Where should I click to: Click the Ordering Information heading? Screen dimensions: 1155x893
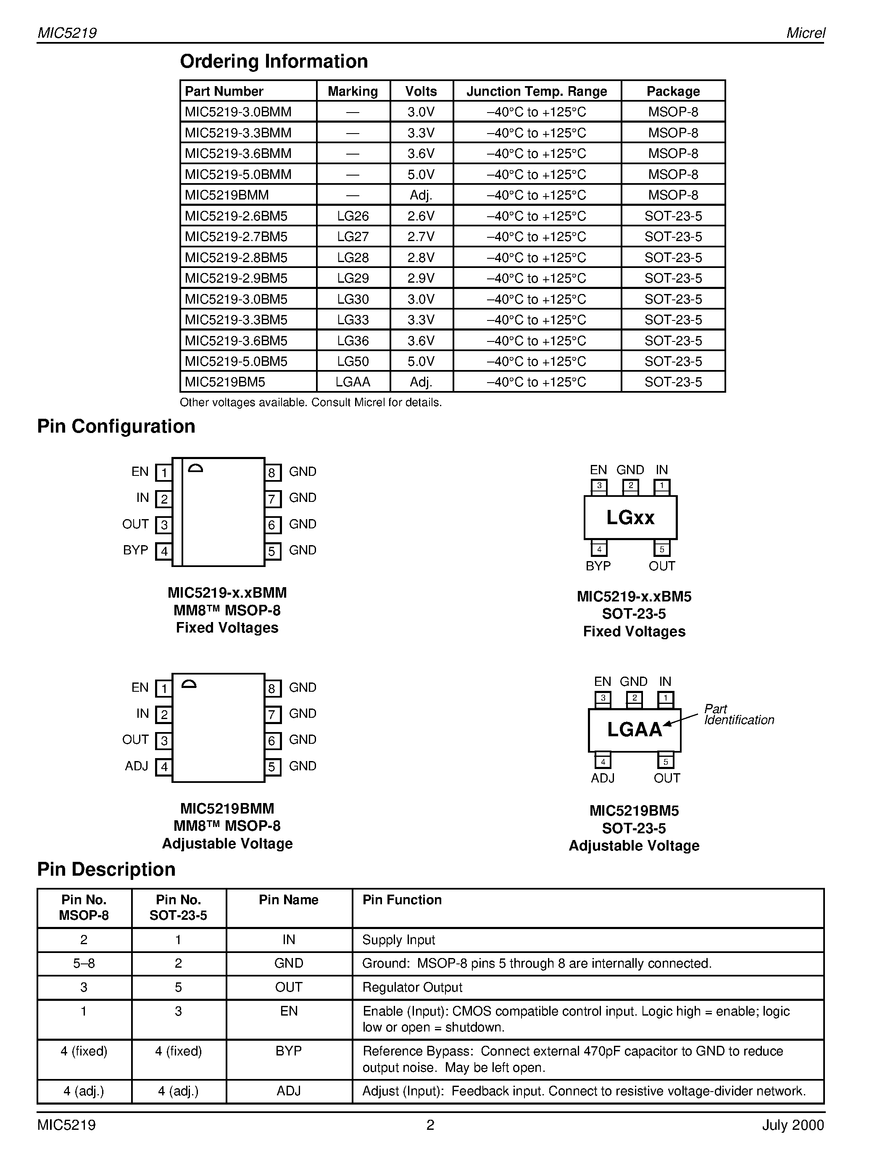(x=274, y=61)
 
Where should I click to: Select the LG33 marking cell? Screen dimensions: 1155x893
(x=353, y=320)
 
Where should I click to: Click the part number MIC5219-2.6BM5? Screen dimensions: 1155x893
(x=236, y=216)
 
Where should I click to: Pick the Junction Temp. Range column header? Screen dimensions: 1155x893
(x=537, y=92)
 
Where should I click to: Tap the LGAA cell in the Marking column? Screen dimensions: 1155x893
(x=353, y=382)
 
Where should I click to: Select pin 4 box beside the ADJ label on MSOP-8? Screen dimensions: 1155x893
(x=164, y=767)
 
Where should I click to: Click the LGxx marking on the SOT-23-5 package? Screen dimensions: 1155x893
(x=630, y=517)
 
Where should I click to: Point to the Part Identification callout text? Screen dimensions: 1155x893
(x=738, y=714)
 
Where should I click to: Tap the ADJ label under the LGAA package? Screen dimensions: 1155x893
(x=603, y=778)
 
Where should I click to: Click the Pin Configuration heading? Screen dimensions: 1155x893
(x=116, y=426)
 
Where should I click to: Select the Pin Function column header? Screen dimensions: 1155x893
(x=401, y=900)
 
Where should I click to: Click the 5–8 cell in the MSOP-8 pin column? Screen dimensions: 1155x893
(x=84, y=963)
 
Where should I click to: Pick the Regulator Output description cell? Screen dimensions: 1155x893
(x=412, y=987)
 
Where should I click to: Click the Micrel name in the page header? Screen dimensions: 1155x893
(x=805, y=33)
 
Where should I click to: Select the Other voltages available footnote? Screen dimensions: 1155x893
(x=311, y=402)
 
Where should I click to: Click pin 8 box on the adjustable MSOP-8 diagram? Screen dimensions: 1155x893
(x=272, y=688)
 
